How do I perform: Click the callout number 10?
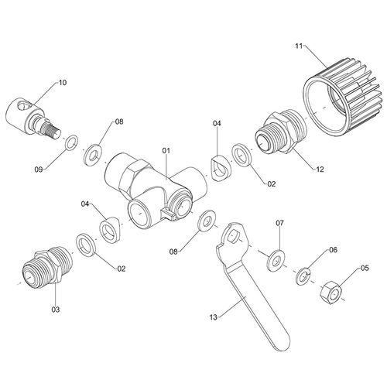[63, 81]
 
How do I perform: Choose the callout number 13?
[214, 315]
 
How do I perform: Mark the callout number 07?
[280, 224]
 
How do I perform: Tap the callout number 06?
[334, 250]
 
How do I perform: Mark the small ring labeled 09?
[70, 142]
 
